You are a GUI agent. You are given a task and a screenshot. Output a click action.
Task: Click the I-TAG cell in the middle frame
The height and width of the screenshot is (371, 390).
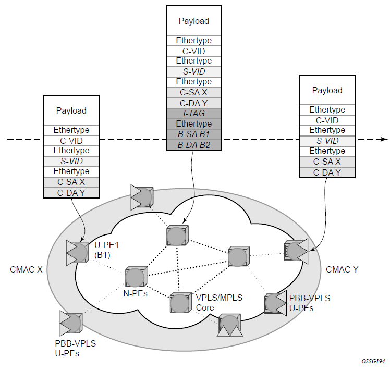[193, 113]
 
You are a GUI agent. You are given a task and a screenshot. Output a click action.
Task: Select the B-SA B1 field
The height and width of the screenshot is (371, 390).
[193, 134]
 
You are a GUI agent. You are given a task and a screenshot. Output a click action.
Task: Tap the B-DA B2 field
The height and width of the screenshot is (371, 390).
[193, 144]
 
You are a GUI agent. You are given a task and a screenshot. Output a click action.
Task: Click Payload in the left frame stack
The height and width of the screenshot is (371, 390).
[71, 110]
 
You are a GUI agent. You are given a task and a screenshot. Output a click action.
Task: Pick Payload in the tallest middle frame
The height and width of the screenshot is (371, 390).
[193, 21]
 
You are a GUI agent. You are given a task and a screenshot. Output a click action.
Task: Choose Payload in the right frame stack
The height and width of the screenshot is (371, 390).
[327, 90]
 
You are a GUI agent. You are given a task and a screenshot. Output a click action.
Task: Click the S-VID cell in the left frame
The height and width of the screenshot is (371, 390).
[71, 161]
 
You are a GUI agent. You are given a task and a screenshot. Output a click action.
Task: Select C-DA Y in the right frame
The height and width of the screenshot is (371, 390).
[327, 172]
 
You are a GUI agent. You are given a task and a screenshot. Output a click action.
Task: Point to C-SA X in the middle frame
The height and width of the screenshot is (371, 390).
[193, 92]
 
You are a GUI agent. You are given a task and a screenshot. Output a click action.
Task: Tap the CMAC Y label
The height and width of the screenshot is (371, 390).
[341, 269]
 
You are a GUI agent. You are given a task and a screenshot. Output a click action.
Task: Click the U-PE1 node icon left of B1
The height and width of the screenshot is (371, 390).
[77, 251]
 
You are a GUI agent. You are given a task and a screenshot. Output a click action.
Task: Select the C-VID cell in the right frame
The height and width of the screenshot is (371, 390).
[327, 120]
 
